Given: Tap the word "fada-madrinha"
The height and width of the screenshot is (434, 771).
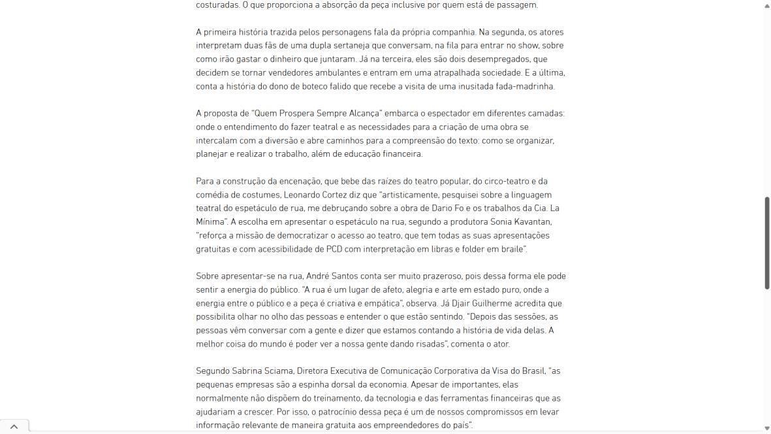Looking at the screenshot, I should (x=526, y=86).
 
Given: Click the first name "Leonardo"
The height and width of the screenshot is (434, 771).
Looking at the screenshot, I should (x=302, y=195).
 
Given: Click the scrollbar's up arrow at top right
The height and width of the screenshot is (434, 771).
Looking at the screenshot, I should (x=766, y=5).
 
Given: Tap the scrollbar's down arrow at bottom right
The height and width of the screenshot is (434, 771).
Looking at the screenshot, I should (x=766, y=428).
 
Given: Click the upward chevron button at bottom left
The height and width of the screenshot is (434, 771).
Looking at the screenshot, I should (x=14, y=427).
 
